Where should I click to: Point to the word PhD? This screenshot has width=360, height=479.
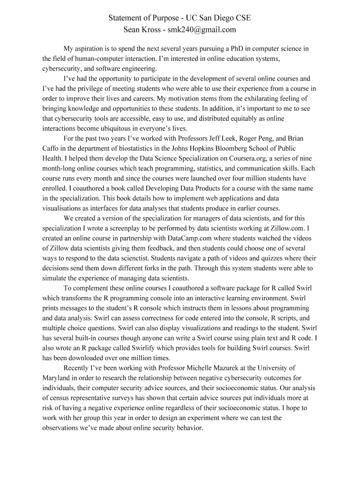[x=233, y=49]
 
